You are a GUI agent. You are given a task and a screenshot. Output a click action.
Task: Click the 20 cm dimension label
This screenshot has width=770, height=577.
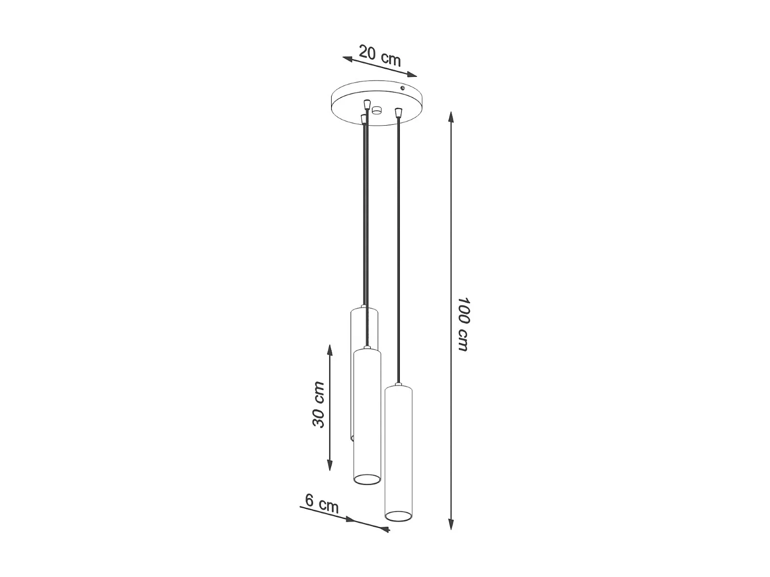380,56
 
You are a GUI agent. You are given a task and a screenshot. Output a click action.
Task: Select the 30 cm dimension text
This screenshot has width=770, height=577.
319,404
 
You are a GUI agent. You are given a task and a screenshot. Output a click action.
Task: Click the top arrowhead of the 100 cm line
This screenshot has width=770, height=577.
451,117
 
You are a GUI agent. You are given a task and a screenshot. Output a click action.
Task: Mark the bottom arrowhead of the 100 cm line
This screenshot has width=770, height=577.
451,524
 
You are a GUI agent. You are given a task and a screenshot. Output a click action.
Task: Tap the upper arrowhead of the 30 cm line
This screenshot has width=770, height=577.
330,350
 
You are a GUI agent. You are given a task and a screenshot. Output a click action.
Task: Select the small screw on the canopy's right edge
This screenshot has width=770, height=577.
403,89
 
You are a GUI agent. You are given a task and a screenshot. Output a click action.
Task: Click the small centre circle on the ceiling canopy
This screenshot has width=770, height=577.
378,109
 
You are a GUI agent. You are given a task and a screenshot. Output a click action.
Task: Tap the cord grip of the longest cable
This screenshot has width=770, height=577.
398,112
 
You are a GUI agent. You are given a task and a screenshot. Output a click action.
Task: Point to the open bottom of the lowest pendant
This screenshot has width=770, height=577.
398,515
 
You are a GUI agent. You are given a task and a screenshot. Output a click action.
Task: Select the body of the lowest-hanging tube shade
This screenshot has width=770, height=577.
398,446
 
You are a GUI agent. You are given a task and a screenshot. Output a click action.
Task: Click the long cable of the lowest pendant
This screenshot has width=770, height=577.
398,246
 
